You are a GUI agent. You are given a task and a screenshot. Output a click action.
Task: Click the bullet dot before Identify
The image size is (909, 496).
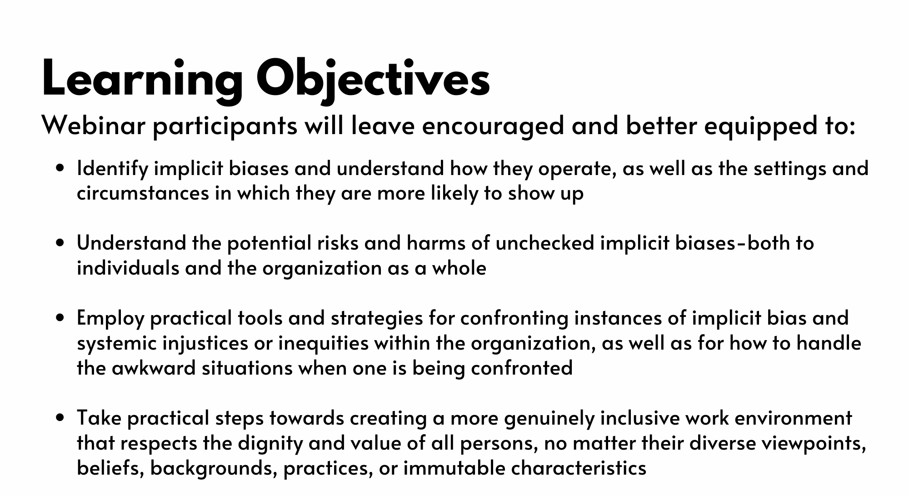pos(59,168)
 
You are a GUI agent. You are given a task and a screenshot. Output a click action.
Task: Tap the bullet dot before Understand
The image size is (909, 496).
pos(59,243)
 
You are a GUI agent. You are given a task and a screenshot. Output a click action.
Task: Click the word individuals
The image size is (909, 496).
pos(128,268)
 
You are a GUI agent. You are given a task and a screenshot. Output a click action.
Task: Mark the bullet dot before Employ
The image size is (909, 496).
pos(59,318)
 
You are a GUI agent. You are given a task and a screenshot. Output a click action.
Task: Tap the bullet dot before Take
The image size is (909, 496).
pos(59,418)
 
